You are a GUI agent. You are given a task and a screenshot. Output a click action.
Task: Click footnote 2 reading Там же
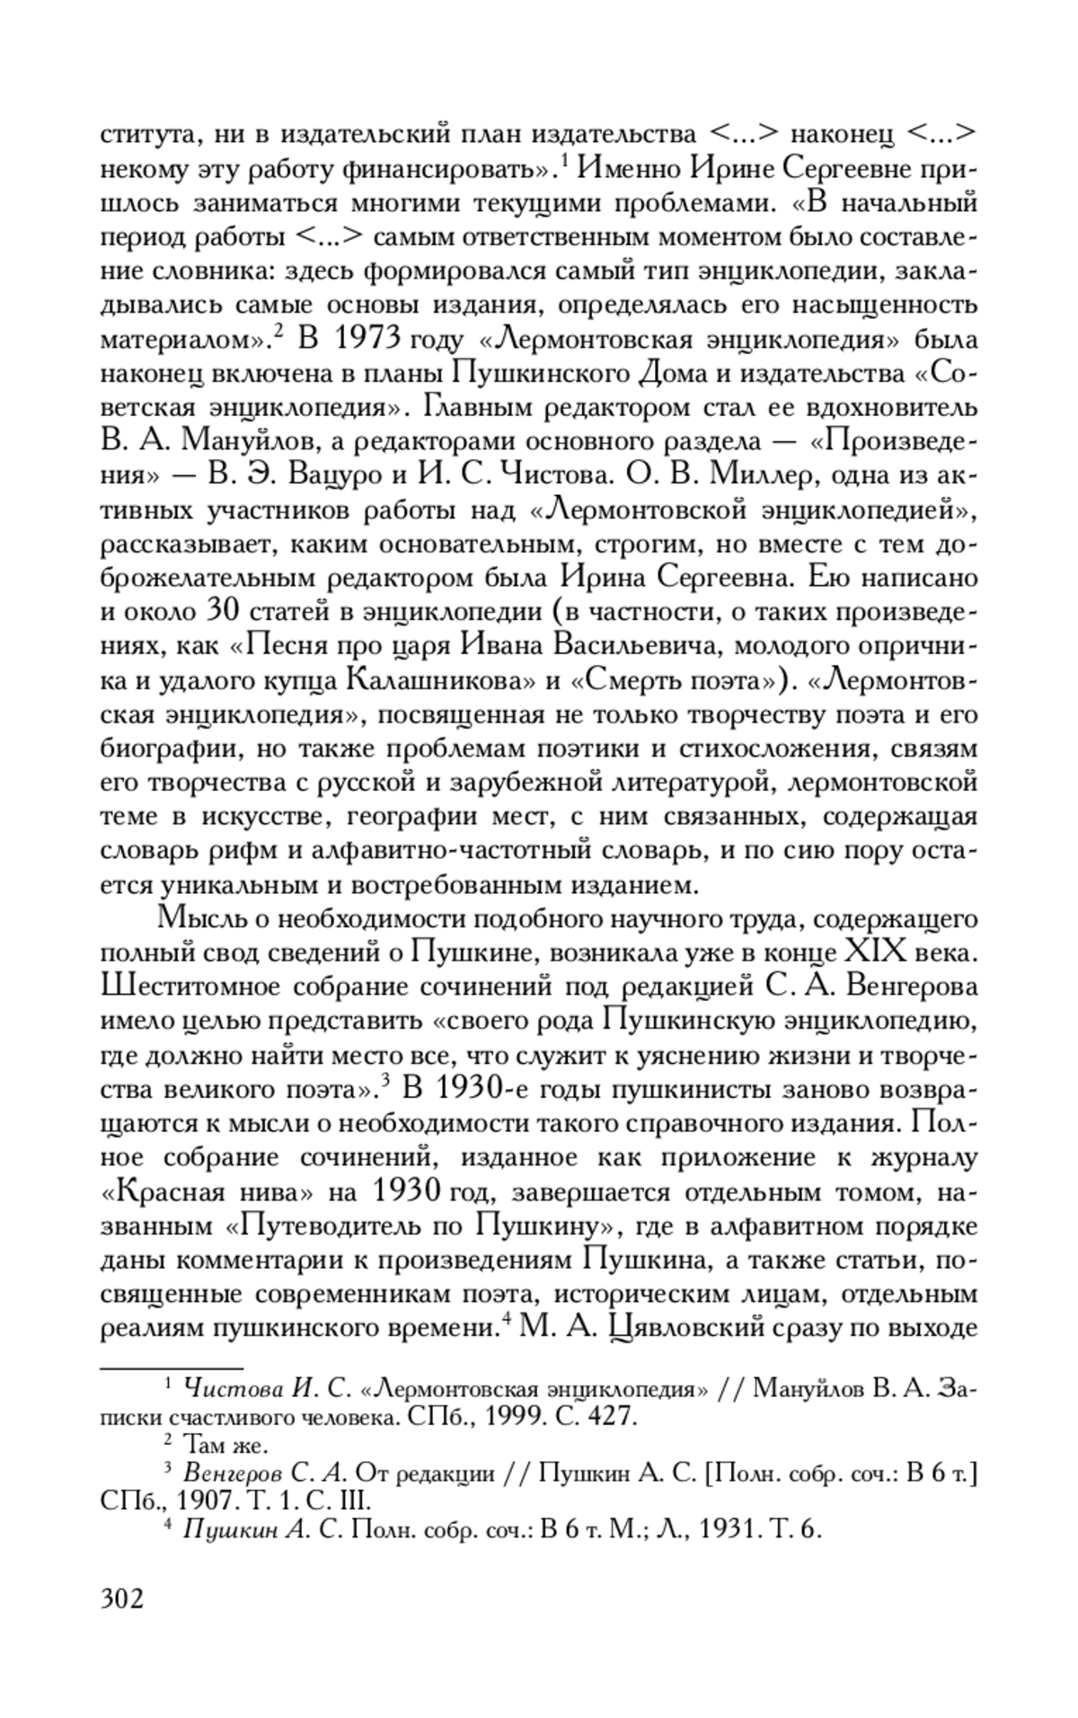pos(225,1447)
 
